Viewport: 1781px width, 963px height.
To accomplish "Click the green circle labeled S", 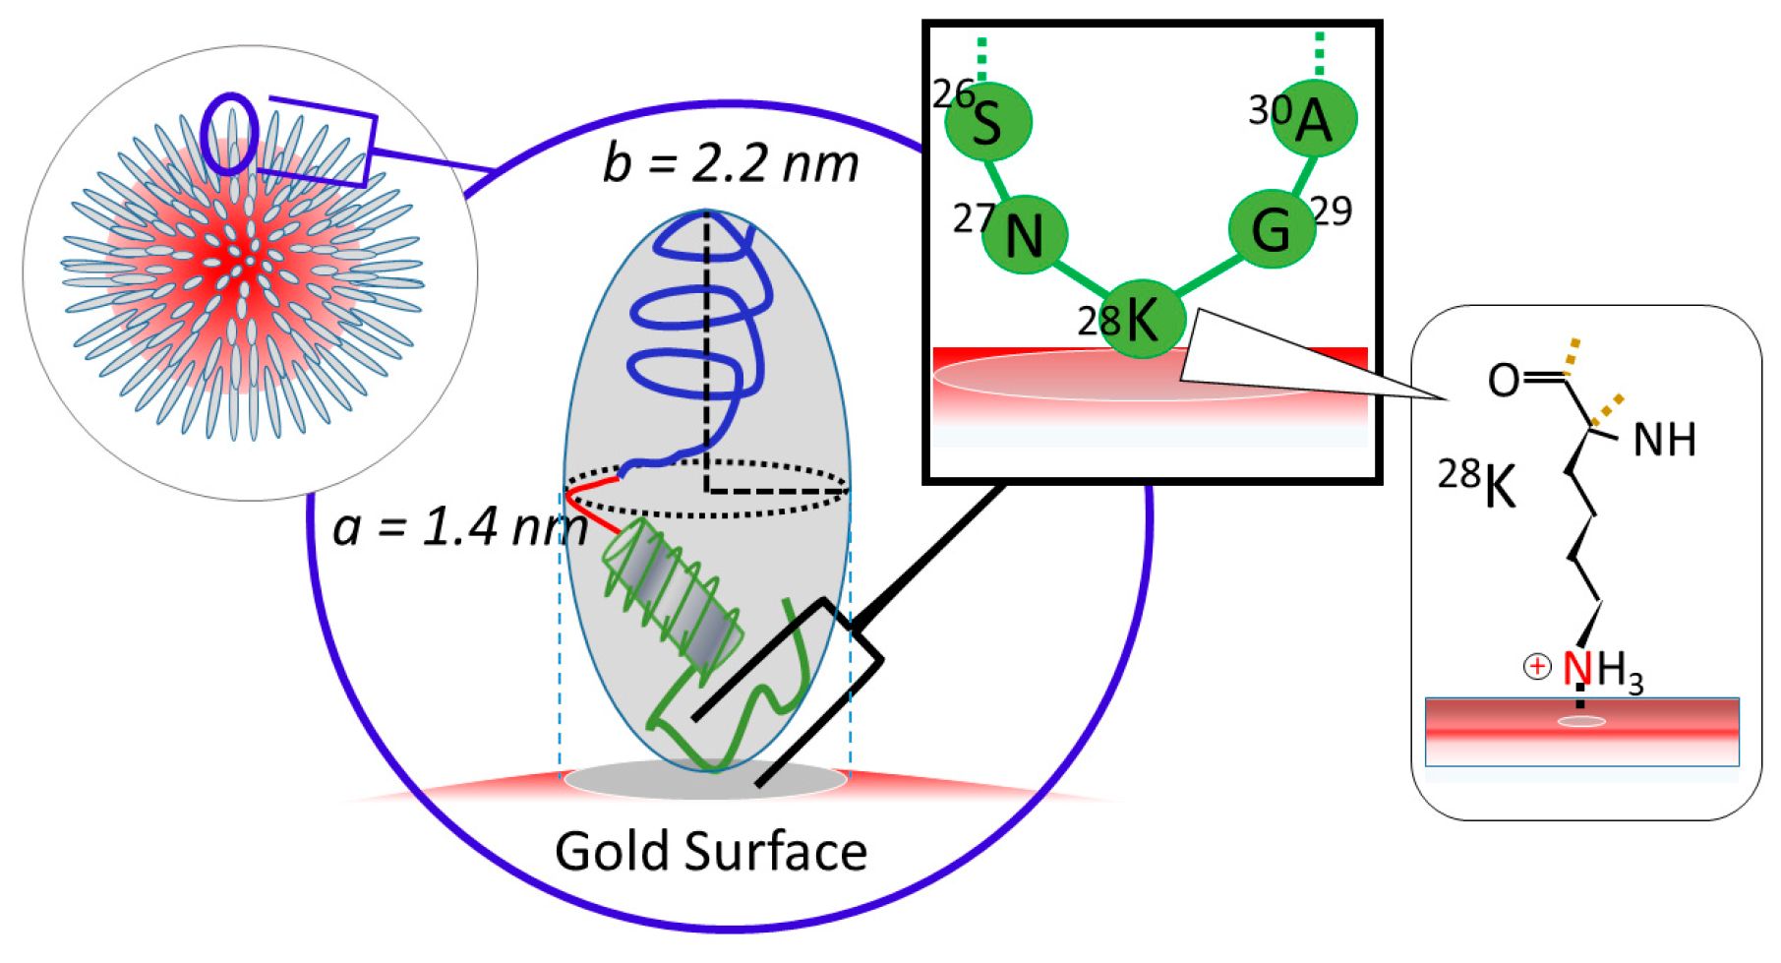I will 987,122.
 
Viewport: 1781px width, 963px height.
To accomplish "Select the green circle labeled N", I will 1025,235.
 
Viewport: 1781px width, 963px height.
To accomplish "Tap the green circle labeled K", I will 1142,318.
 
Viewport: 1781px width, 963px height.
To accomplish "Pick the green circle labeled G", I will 1271,229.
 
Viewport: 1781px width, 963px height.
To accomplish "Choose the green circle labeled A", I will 1314,119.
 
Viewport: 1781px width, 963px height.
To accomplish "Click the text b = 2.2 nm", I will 730,163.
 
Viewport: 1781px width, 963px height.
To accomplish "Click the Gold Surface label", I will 710,851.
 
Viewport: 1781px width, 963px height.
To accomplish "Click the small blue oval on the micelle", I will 229,134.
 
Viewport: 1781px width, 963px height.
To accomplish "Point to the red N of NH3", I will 1576,669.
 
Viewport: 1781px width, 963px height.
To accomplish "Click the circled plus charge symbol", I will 1536,667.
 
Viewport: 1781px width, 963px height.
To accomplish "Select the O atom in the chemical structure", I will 1503,380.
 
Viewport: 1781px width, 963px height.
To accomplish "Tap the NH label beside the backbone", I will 1664,441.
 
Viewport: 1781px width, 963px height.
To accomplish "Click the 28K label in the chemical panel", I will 1477,483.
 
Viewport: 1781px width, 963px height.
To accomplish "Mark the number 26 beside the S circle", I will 952,93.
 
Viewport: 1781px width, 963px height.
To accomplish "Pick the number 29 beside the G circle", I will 1332,211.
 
